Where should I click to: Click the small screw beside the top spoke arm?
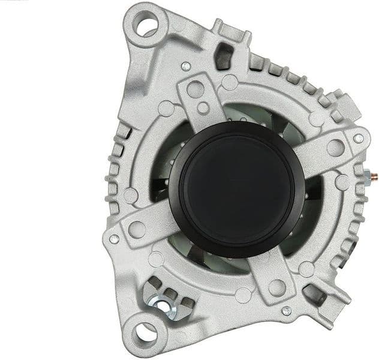coord(186,66)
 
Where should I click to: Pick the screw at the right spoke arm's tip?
coord(358,139)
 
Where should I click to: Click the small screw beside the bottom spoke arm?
coord(286,310)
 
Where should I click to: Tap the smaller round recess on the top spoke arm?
coord(203,109)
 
